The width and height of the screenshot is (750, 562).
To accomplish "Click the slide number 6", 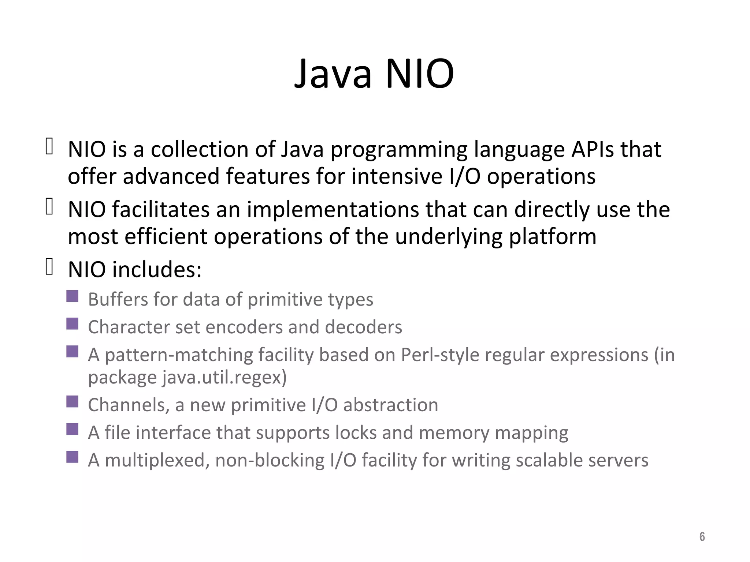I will coord(702,537).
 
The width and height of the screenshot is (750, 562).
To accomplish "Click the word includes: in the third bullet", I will coord(157,270).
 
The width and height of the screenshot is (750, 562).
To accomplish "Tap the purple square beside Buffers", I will coord(73,296).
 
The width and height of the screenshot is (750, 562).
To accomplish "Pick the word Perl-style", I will coord(440,355).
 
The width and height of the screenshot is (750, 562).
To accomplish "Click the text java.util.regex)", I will coord(224,377).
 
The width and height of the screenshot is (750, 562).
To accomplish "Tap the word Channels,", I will coord(129,405).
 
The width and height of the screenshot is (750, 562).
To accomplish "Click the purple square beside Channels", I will coord(73,401).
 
